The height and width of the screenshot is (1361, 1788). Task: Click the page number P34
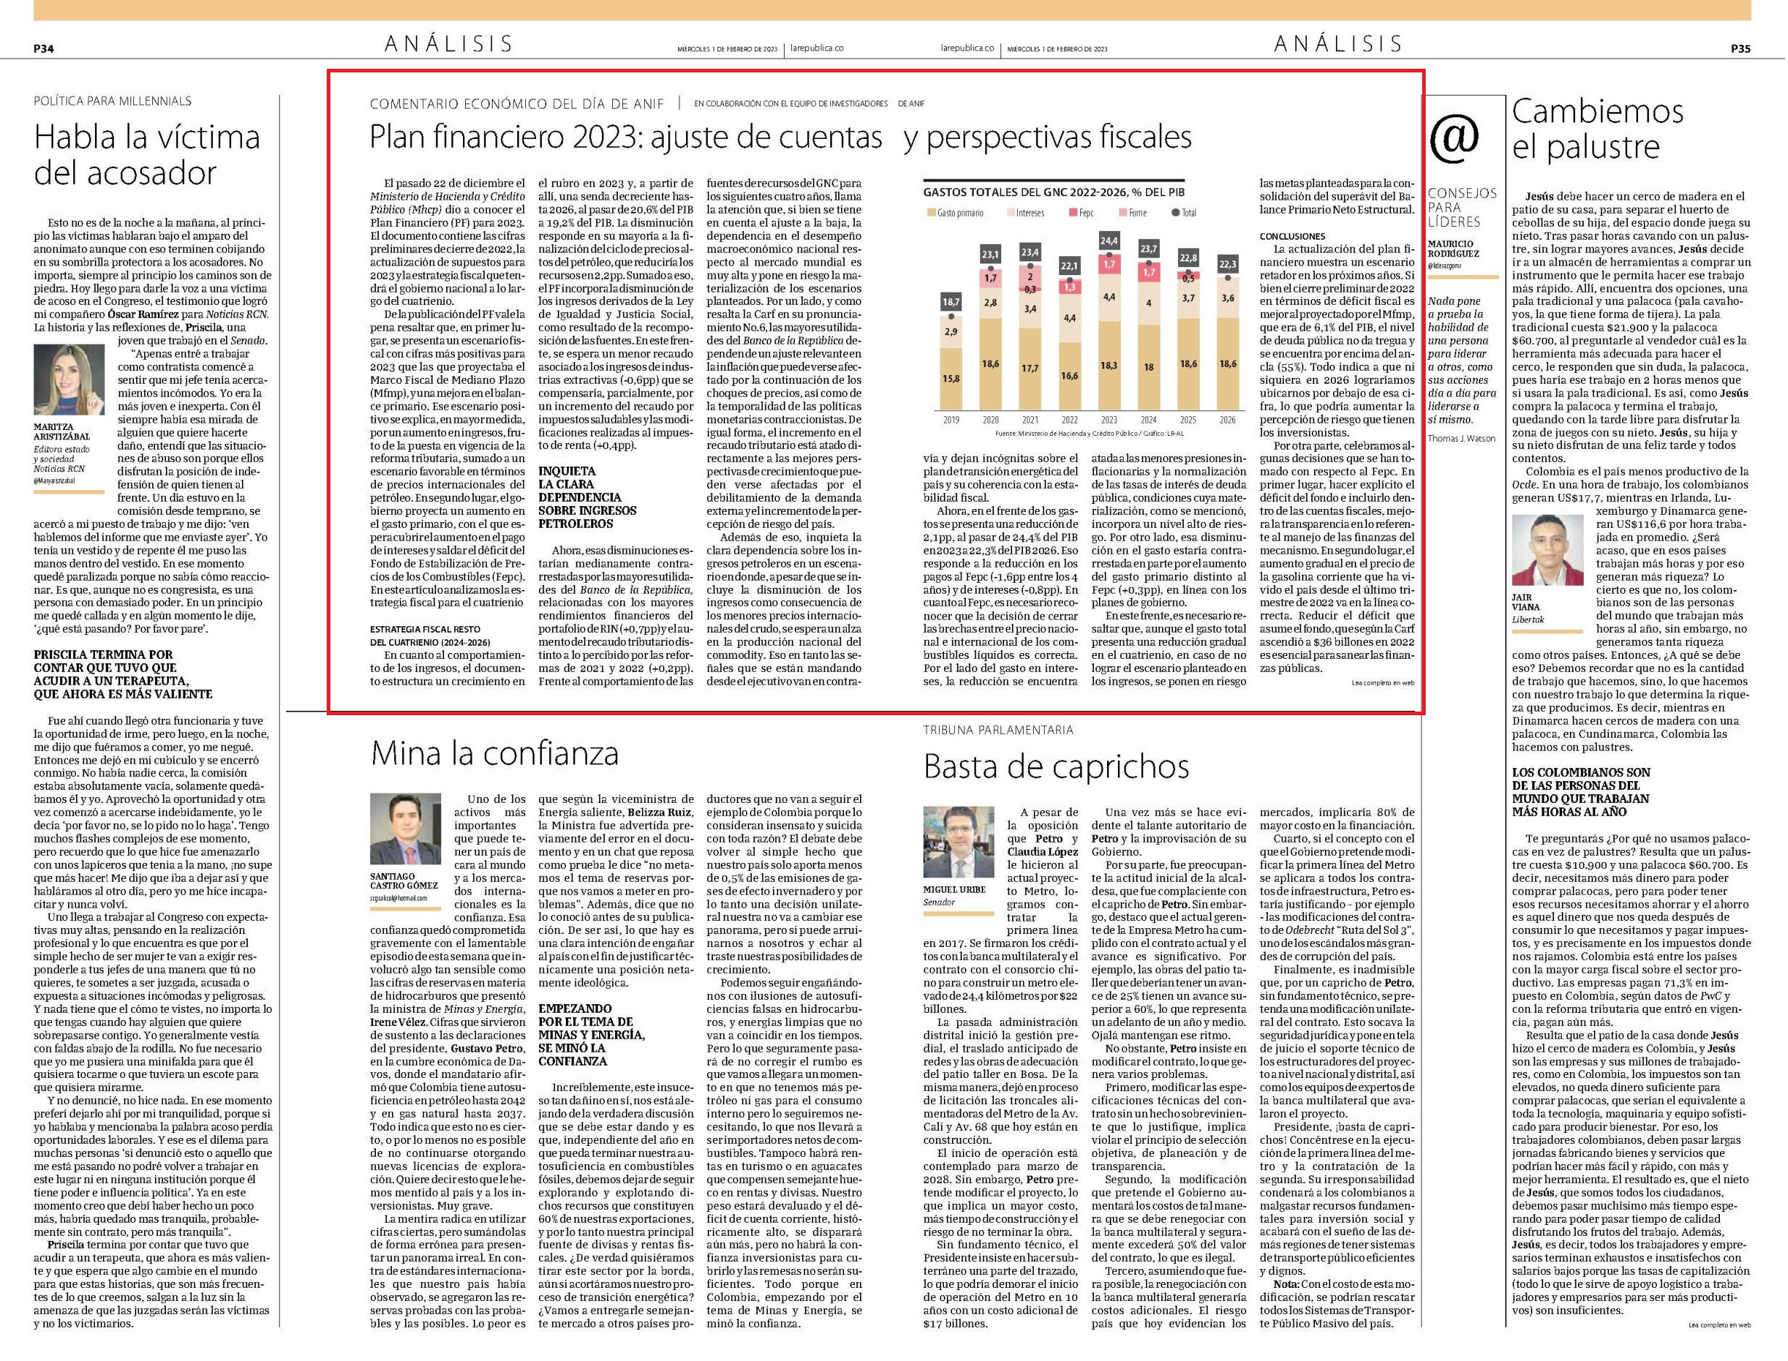[x=43, y=49]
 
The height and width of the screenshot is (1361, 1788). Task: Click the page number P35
[x=1741, y=49]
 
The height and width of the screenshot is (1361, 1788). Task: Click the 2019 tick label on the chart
[x=951, y=421]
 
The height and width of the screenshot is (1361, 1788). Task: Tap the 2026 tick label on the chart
[x=1227, y=421]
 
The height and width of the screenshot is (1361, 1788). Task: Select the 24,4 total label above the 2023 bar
[x=1108, y=240]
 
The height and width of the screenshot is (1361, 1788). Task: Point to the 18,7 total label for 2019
[x=951, y=301]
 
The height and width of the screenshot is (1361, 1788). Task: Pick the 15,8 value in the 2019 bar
[x=951, y=379]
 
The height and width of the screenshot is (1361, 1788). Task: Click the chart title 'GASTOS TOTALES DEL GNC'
[x=1012, y=193]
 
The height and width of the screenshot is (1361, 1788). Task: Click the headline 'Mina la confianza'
[x=494, y=754]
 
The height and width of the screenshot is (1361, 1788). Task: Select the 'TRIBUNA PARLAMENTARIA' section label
[x=998, y=730]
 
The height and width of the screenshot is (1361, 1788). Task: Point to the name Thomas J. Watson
[x=1462, y=438]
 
